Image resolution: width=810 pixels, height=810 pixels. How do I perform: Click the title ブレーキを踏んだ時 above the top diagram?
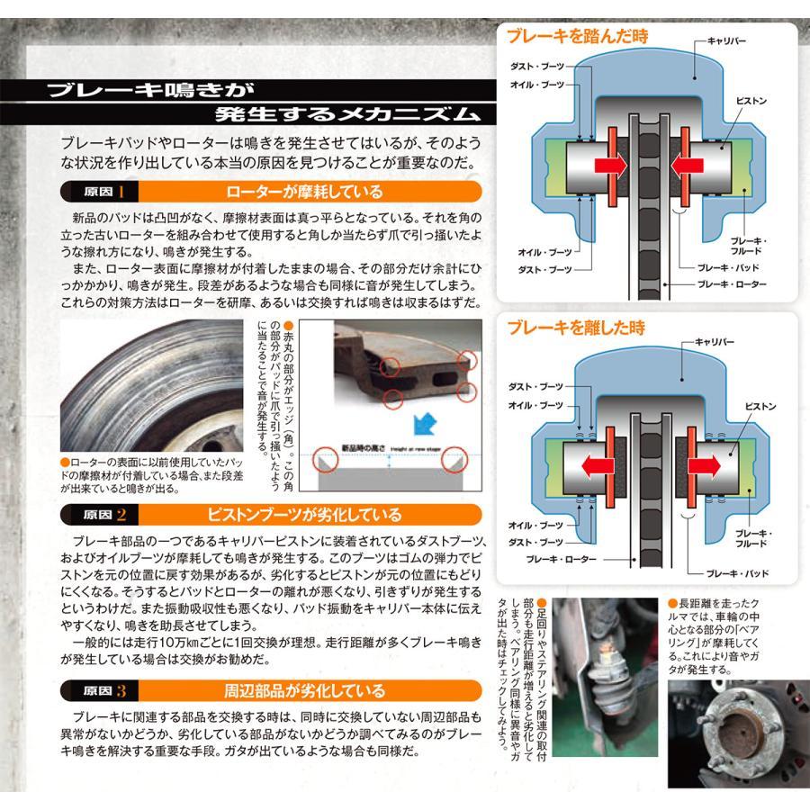tap(577, 37)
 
